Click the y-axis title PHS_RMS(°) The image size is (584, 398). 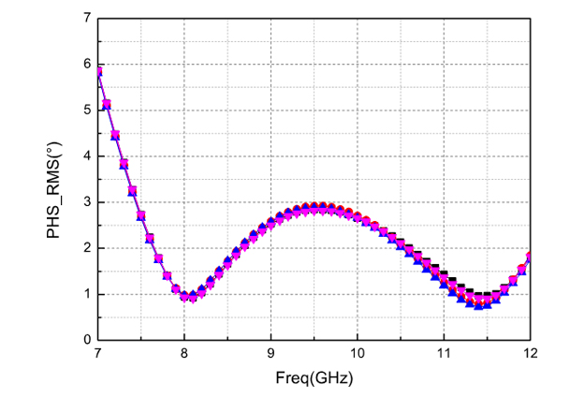point(57,178)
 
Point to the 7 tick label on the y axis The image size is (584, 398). point(86,18)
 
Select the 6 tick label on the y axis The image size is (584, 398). point(86,64)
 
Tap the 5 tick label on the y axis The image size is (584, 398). point(86,110)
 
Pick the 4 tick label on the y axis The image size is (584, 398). point(86,155)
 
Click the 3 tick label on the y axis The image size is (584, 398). point(86,201)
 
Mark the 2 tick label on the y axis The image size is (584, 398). point(86,247)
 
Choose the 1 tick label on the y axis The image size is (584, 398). point(86,293)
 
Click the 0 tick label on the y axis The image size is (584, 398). point(86,339)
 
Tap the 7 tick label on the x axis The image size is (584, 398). point(97,355)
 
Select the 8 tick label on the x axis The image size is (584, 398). point(184,355)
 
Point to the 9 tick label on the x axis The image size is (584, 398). point(270,355)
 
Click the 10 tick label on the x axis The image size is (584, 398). point(358,355)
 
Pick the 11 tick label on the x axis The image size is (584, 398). point(444,355)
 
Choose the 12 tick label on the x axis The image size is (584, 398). point(531,355)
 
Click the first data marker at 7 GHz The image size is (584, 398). point(97,71)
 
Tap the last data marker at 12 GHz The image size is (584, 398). point(531,257)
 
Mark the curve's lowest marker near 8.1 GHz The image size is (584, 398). point(193,297)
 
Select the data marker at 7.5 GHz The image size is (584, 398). point(140,215)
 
